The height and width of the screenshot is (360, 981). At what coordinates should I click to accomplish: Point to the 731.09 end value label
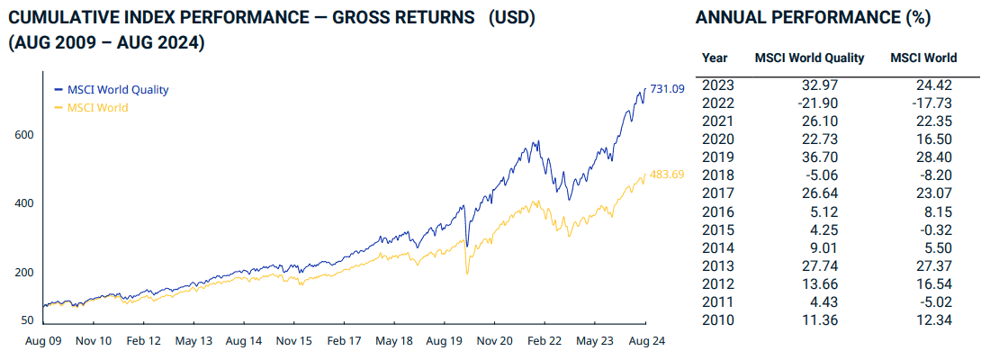click(667, 88)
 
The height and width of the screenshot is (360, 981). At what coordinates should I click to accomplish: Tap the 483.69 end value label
click(667, 174)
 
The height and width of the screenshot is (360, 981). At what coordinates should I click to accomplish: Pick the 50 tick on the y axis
click(28, 319)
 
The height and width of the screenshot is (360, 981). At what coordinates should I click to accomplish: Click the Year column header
click(715, 58)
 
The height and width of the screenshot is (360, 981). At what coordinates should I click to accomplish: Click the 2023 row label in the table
click(717, 85)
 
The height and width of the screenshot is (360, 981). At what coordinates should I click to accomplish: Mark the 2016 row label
click(717, 211)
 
